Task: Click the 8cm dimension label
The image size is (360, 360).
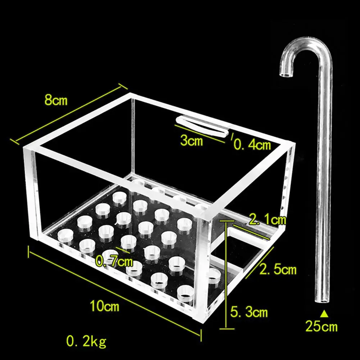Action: [x=56, y=100]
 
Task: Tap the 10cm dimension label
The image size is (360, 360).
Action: [x=104, y=306]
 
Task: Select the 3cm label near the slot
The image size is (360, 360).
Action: [x=191, y=141]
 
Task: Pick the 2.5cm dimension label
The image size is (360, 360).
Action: [x=278, y=269]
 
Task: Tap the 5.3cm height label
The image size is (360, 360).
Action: [x=249, y=312]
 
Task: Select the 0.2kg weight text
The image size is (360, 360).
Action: [x=86, y=340]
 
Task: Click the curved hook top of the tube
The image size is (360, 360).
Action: [x=306, y=47]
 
